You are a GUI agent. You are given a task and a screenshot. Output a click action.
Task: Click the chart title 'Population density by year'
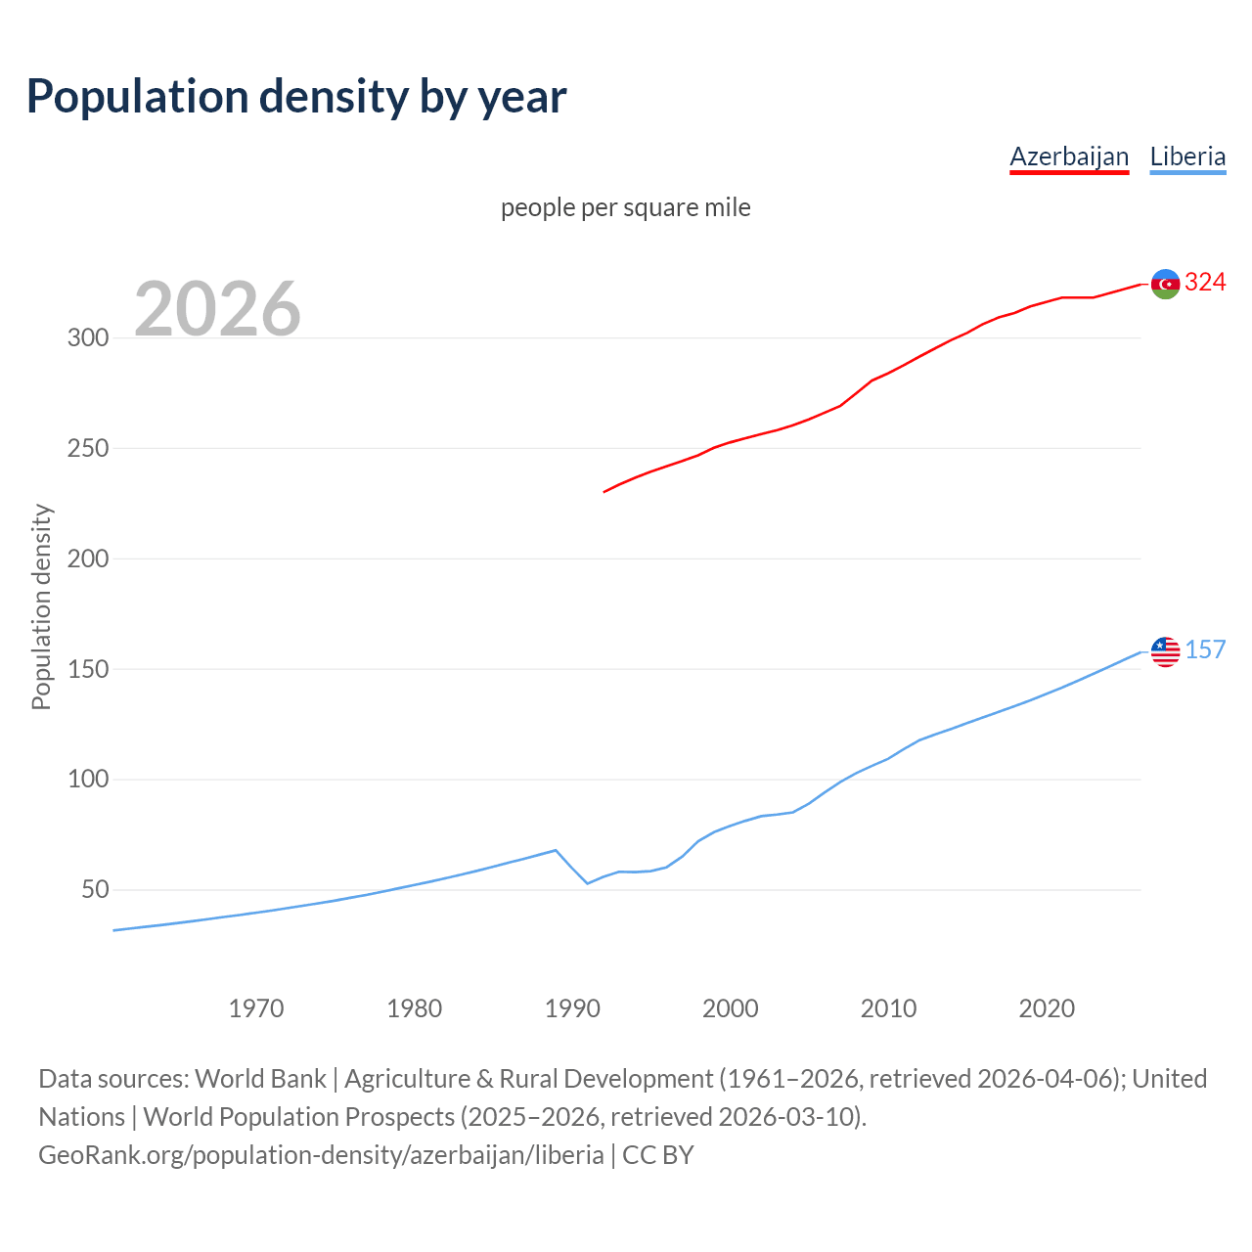pyautogui.click(x=296, y=97)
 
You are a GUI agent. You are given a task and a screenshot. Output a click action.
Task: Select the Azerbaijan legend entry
pyautogui.click(x=1069, y=156)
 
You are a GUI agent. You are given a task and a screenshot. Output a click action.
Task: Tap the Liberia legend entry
pyautogui.click(x=1187, y=156)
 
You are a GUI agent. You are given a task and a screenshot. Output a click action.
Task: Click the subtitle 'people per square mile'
pyautogui.click(x=626, y=207)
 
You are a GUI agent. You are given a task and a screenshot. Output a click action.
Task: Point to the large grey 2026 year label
pyautogui.click(x=217, y=309)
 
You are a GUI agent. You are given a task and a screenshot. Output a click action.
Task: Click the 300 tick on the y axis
pyautogui.click(x=87, y=338)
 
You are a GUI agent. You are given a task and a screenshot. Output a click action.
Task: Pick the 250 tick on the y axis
pyautogui.click(x=87, y=449)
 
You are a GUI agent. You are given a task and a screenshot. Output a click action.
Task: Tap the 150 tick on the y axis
pyautogui.click(x=87, y=670)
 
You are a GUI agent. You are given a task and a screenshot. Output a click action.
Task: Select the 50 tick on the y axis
pyautogui.click(x=94, y=890)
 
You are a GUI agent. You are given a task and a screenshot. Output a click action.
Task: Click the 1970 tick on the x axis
pyautogui.click(x=256, y=1008)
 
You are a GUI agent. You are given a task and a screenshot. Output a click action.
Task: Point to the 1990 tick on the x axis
pyautogui.click(x=572, y=1008)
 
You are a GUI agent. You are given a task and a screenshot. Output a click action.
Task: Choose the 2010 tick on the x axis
pyautogui.click(x=888, y=1008)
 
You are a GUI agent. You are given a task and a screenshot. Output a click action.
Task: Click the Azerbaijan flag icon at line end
pyautogui.click(x=1165, y=284)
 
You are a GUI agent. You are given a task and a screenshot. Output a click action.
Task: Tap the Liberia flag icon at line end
pyautogui.click(x=1165, y=651)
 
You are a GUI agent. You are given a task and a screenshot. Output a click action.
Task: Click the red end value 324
pyautogui.click(x=1205, y=283)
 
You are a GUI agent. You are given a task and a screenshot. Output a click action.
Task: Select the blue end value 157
pyautogui.click(x=1205, y=650)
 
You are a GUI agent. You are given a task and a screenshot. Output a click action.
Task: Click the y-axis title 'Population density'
pyautogui.click(x=41, y=606)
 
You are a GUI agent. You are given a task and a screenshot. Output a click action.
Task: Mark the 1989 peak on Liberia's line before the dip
pyautogui.click(x=556, y=850)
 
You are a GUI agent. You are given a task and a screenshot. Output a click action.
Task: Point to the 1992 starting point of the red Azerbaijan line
pyautogui.click(x=604, y=491)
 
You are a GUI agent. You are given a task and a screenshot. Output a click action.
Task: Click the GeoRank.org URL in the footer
pyautogui.click(x=321, y=1155)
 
